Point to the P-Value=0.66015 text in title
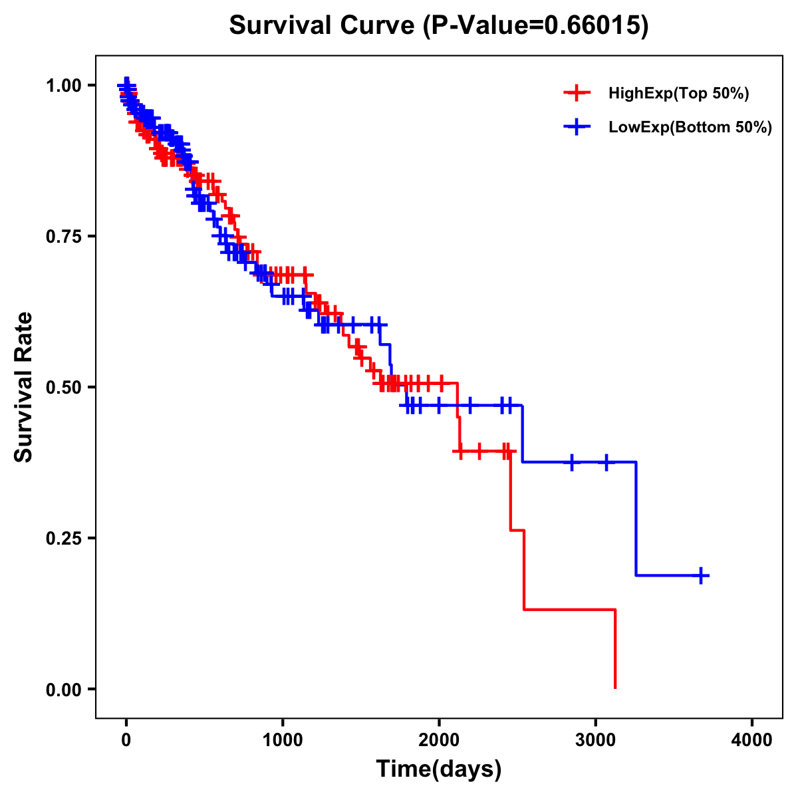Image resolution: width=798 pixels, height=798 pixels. [x=536, y=26]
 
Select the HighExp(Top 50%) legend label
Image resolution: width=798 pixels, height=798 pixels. [x=678, y=94]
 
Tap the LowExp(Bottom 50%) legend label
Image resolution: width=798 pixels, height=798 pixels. [x=690, y=128]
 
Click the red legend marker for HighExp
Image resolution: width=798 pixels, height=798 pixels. [x=577, y=94]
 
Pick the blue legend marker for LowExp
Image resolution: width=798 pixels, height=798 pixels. [x=577, y=128]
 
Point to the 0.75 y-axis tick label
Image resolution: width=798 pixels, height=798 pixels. [x=64, y=237]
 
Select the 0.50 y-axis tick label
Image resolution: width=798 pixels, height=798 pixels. [x=64, y=388]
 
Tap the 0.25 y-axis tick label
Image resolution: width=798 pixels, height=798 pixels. [x=64, y=539]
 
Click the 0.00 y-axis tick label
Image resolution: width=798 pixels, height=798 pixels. [x=64, y=690]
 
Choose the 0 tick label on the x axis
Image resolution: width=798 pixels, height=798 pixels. [x=126, y=740]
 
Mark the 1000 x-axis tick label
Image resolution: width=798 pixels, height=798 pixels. [x=283, y=740]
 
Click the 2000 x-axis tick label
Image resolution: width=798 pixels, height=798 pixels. [x=439, y=740]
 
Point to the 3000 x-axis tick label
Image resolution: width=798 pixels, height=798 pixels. [x=595, y=740]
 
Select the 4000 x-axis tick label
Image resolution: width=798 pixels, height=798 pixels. [x=752, y=740]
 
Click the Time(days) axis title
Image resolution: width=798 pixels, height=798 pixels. [x=439, y=769]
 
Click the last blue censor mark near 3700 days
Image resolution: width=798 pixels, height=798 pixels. [x=701, y=575]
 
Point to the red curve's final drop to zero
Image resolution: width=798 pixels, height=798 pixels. [x=615, y=648]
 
